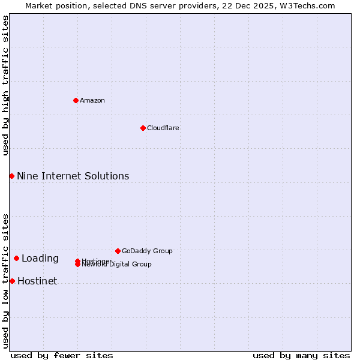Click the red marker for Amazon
coord(76,100)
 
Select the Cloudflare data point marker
coord(143,128)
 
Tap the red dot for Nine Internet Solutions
coord(11,176)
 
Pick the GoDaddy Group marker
coord(118,251)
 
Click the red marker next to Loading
coord(16,258)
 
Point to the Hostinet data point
coord(12,281)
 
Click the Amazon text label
coord(92,100)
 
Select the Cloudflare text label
coord(163,128)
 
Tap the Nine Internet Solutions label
coord(73,176)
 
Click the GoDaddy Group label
coord(147,251)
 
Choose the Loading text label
coord(40,259)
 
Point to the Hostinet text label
coord(37,281)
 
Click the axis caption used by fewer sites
coord(62,355)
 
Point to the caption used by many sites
coord(301,355)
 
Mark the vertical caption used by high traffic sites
coord(5,85)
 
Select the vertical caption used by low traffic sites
coord(5,281)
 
